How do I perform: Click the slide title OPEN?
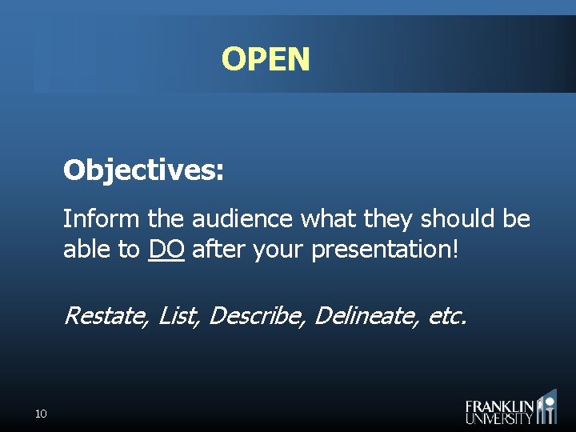click(266, 59)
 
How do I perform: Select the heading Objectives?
click(144, 170)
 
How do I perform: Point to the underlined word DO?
click(166, 250)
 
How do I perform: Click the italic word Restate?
click(106, 316)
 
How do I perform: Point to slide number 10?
click(42, 414)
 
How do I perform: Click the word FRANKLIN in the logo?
click(499, 406)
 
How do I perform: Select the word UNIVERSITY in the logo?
click(499, 418)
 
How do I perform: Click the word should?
click(455, 219)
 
